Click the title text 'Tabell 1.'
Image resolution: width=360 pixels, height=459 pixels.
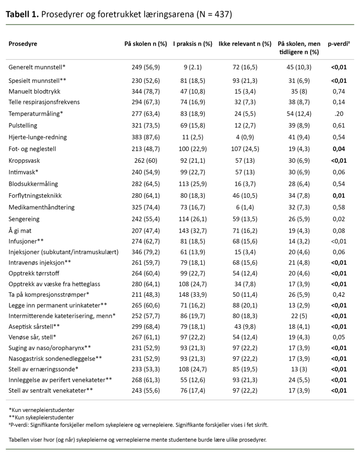tap(22, 14)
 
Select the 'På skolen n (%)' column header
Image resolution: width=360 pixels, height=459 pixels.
tap(146, 44)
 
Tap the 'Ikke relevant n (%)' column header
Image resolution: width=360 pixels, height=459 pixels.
tap(245, 44)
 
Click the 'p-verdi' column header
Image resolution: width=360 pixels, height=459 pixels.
tap(339, 44)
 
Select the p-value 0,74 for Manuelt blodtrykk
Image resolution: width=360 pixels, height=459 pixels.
tap(339, 90)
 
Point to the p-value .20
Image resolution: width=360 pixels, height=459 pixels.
tap(339, 114)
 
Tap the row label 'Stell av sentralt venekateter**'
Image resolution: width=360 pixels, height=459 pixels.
tap(51, 390)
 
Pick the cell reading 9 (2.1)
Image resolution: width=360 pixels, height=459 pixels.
tap(193, 67)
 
